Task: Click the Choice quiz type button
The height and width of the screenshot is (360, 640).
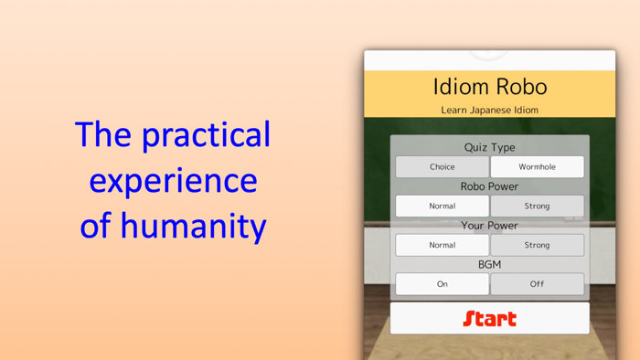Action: (443, 167)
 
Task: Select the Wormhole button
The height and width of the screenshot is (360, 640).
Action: (537, 167)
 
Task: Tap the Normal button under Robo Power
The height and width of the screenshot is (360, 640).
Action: (443, 206)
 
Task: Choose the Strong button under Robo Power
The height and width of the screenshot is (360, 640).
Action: (537, 206)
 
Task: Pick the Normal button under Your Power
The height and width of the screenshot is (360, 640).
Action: (443, 245)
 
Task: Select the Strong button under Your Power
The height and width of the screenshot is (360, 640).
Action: (537, 245)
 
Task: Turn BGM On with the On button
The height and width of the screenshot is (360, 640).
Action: (443, 284)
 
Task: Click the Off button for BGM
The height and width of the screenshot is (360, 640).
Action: (537, 284)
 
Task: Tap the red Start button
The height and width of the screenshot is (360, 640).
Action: (489, 318)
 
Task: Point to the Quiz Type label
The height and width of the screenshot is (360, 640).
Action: (489, 147)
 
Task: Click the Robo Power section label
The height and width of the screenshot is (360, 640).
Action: (489, 186)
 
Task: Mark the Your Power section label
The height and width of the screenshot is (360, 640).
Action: (489, 226)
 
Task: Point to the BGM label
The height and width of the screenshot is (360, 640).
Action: (489, 264)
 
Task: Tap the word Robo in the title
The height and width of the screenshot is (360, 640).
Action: (521, 87)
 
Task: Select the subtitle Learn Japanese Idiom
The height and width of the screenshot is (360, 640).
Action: (489, 110)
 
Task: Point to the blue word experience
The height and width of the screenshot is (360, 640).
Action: (173, 180)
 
